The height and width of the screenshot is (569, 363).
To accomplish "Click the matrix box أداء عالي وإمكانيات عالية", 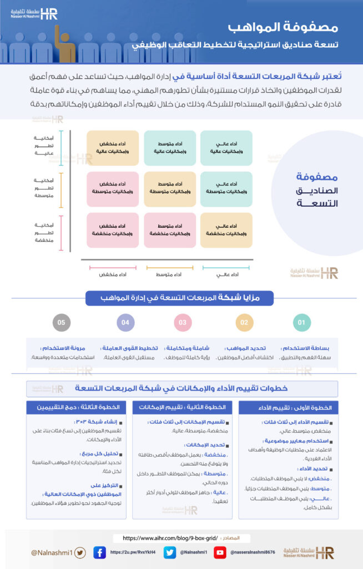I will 226,147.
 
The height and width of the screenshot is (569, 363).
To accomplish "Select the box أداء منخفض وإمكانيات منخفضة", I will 112,229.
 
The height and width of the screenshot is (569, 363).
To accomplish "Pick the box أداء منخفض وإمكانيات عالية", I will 112,147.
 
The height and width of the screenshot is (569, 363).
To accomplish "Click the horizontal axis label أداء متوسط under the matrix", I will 169,274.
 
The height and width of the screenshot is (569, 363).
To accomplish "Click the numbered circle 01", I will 301,322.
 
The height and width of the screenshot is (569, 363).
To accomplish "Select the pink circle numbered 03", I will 182,322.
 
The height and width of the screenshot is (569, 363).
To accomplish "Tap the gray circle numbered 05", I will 61,322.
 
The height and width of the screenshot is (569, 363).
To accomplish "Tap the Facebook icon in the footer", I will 100,552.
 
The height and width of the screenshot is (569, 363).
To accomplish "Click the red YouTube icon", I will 220,552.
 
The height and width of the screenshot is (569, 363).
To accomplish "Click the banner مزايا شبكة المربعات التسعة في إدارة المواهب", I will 181,298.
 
